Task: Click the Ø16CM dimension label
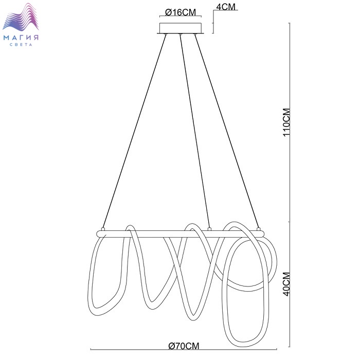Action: (x=181, y=12)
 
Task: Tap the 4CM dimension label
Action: (x=226, y=7)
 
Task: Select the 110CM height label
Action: (x=286, y=122)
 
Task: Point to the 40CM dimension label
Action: (x=286, y=284)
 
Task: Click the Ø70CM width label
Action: (x=184, y=346)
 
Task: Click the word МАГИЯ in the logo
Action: (x=21, y=38)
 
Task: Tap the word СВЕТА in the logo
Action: (x=21, y=45)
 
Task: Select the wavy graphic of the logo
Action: (x=21, y=17)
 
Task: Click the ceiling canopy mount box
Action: (x=181, y=28)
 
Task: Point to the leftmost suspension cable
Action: (x=135, y=131)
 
